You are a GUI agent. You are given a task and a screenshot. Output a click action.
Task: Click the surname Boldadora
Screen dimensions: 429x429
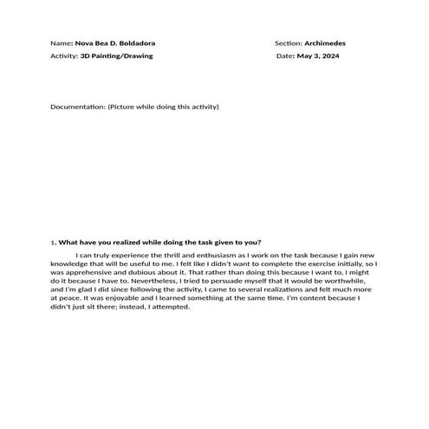[133, 42]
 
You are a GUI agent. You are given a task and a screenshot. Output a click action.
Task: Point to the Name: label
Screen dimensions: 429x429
[62, 42]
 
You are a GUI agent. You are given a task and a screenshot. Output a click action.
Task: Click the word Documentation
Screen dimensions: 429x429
[77, 107]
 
